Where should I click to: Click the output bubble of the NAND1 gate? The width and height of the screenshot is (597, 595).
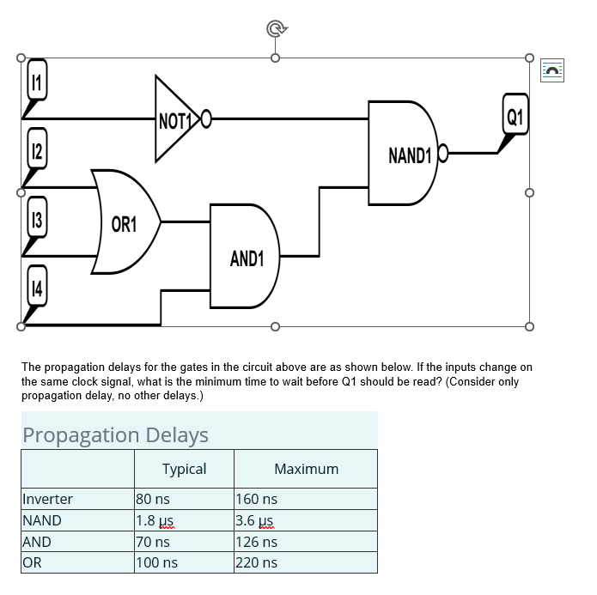coord(443,154)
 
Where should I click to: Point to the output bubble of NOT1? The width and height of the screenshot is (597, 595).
coord(205,118)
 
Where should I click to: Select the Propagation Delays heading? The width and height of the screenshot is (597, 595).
coord(115,434)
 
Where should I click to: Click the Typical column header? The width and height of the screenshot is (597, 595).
coord(184,469)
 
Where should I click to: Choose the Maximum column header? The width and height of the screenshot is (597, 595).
coord(306,469)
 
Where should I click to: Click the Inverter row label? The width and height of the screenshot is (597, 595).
coord(48,499)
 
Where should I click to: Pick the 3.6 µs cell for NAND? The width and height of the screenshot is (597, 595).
coord(256,520)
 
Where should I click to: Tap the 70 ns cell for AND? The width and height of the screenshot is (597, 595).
coord(153,542)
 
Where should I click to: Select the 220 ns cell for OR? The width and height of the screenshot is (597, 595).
coord(257,563)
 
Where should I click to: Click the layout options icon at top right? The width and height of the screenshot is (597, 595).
coord(553,70)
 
